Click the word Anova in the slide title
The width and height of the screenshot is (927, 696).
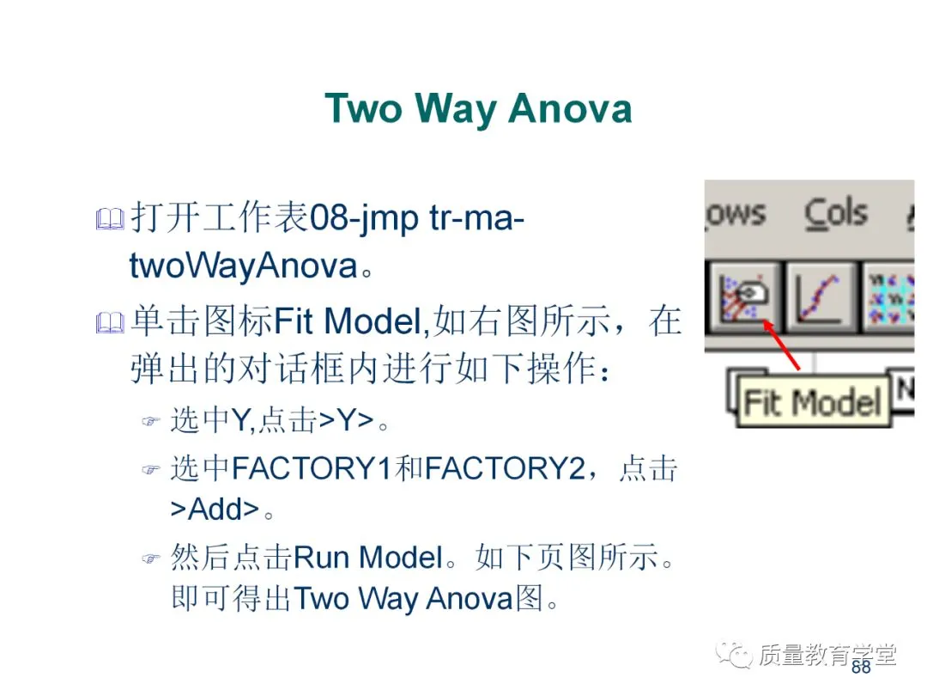[x=570, y=109]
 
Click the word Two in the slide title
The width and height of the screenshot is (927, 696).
[x=363, y=109]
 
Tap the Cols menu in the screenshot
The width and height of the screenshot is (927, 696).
[x=836, y=213]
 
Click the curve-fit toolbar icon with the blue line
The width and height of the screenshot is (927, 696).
[x=819, y=296]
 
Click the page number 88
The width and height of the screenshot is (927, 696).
[x=860, y=667]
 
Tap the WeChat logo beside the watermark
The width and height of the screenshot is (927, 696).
[x=736, y=655]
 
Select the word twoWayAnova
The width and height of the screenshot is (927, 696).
[x=243, y=266]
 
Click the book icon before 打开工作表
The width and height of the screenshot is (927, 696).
[x=110, y=220]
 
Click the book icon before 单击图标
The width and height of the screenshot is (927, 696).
[x=110, y=323]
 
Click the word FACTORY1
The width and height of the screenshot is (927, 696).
[x=312, y=468]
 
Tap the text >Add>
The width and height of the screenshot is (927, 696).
[x=214, y=510]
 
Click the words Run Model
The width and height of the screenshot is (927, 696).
[x=367, y=558]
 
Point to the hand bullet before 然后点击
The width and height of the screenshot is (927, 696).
[x=151, y=559]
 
